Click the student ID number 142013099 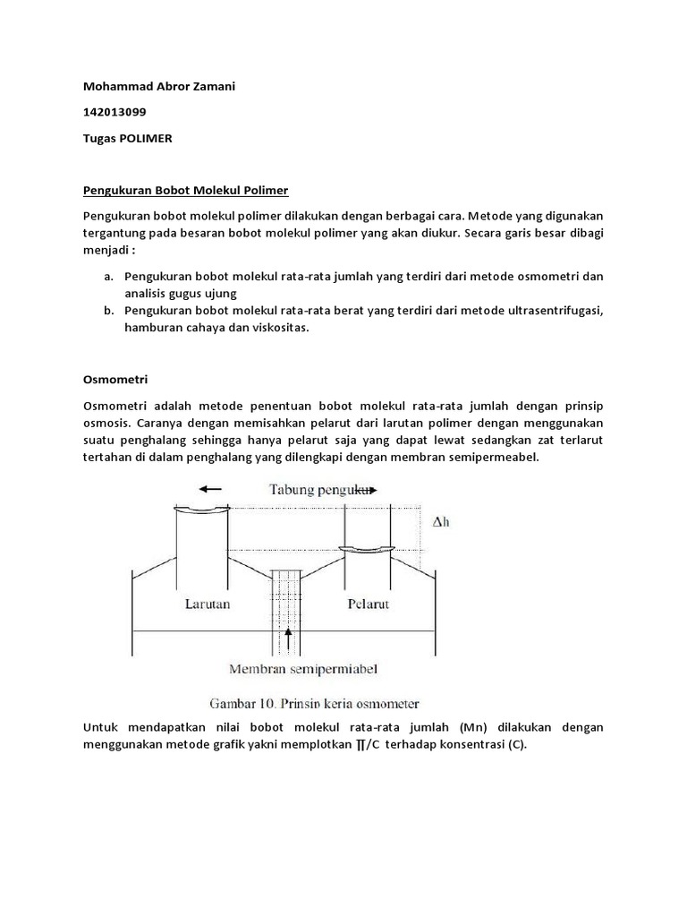pyautogui.click(x=113, y=112)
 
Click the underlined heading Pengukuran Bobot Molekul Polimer pyautogui.click(x=186, y=191)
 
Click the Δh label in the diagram pyautogui.click(x=440, y=521)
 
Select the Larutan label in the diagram pyautogui.click(x=208, y=603)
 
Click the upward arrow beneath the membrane pyautogui.click(x=287, y=639)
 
